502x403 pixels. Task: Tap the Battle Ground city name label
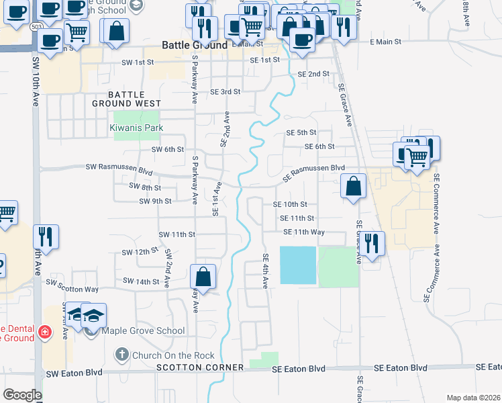(195, 45)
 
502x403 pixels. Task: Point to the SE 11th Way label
(304, 232)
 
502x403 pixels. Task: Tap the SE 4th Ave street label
(265, 271)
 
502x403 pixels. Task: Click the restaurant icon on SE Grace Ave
(372, 242)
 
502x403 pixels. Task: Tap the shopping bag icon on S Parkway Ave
(203, 275)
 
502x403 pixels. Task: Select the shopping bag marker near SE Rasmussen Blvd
(353, 185)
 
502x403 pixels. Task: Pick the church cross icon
(121, 353)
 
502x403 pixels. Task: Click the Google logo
(22, 395)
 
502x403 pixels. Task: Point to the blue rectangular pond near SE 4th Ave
(297, 265)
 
